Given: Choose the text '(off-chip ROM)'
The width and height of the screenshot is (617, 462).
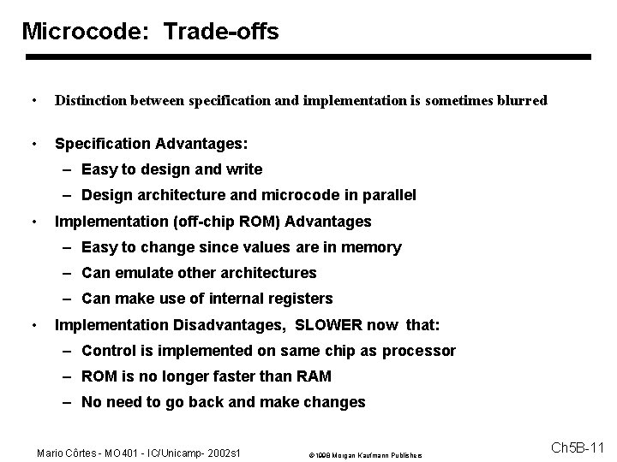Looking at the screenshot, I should [x=226, y=222].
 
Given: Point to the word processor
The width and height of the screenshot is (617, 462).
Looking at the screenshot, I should [x=418, y=351].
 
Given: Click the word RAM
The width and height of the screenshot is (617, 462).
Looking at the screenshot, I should [x=314, y=376].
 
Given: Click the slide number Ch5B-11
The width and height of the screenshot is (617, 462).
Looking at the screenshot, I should [x=578, y=447].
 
